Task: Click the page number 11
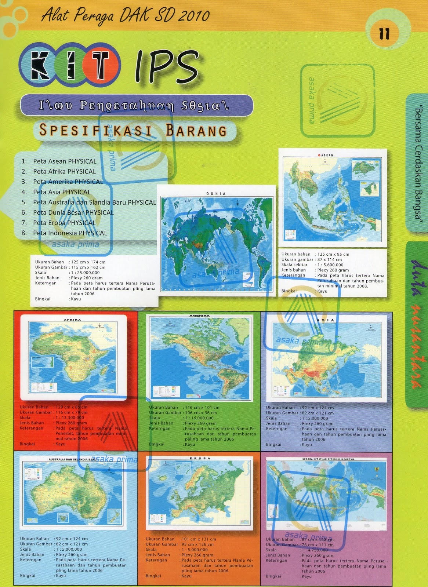[x=384, y=34]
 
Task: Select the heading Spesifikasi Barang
[x=133, y=130]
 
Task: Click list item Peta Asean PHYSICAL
[x=65, y=161]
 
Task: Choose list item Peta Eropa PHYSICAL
[x=64, y=223]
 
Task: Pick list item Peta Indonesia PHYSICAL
[x=70, y=233]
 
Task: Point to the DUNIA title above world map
[x=216, y=193]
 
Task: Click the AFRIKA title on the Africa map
[x=72, y=320]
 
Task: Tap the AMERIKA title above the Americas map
[x=200, y=316]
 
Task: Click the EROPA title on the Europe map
[x=200, y=458]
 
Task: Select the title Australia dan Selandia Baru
[x=72, y=459]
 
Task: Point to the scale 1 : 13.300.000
[x=70, y=418]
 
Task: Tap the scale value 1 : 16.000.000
[x=199, y=418]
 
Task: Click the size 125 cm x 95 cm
[x=333, y=254]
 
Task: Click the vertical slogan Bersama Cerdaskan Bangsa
[x=417, y=163]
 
